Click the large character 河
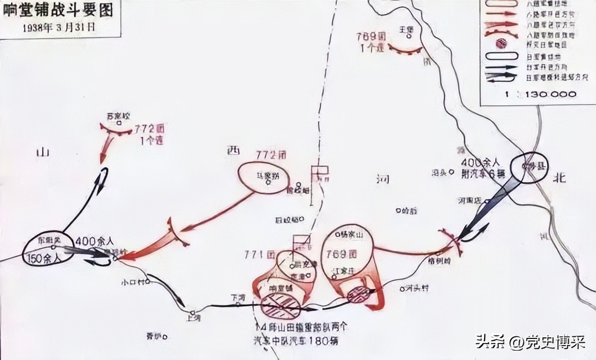382,179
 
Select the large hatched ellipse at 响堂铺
280,305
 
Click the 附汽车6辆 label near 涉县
484,173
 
